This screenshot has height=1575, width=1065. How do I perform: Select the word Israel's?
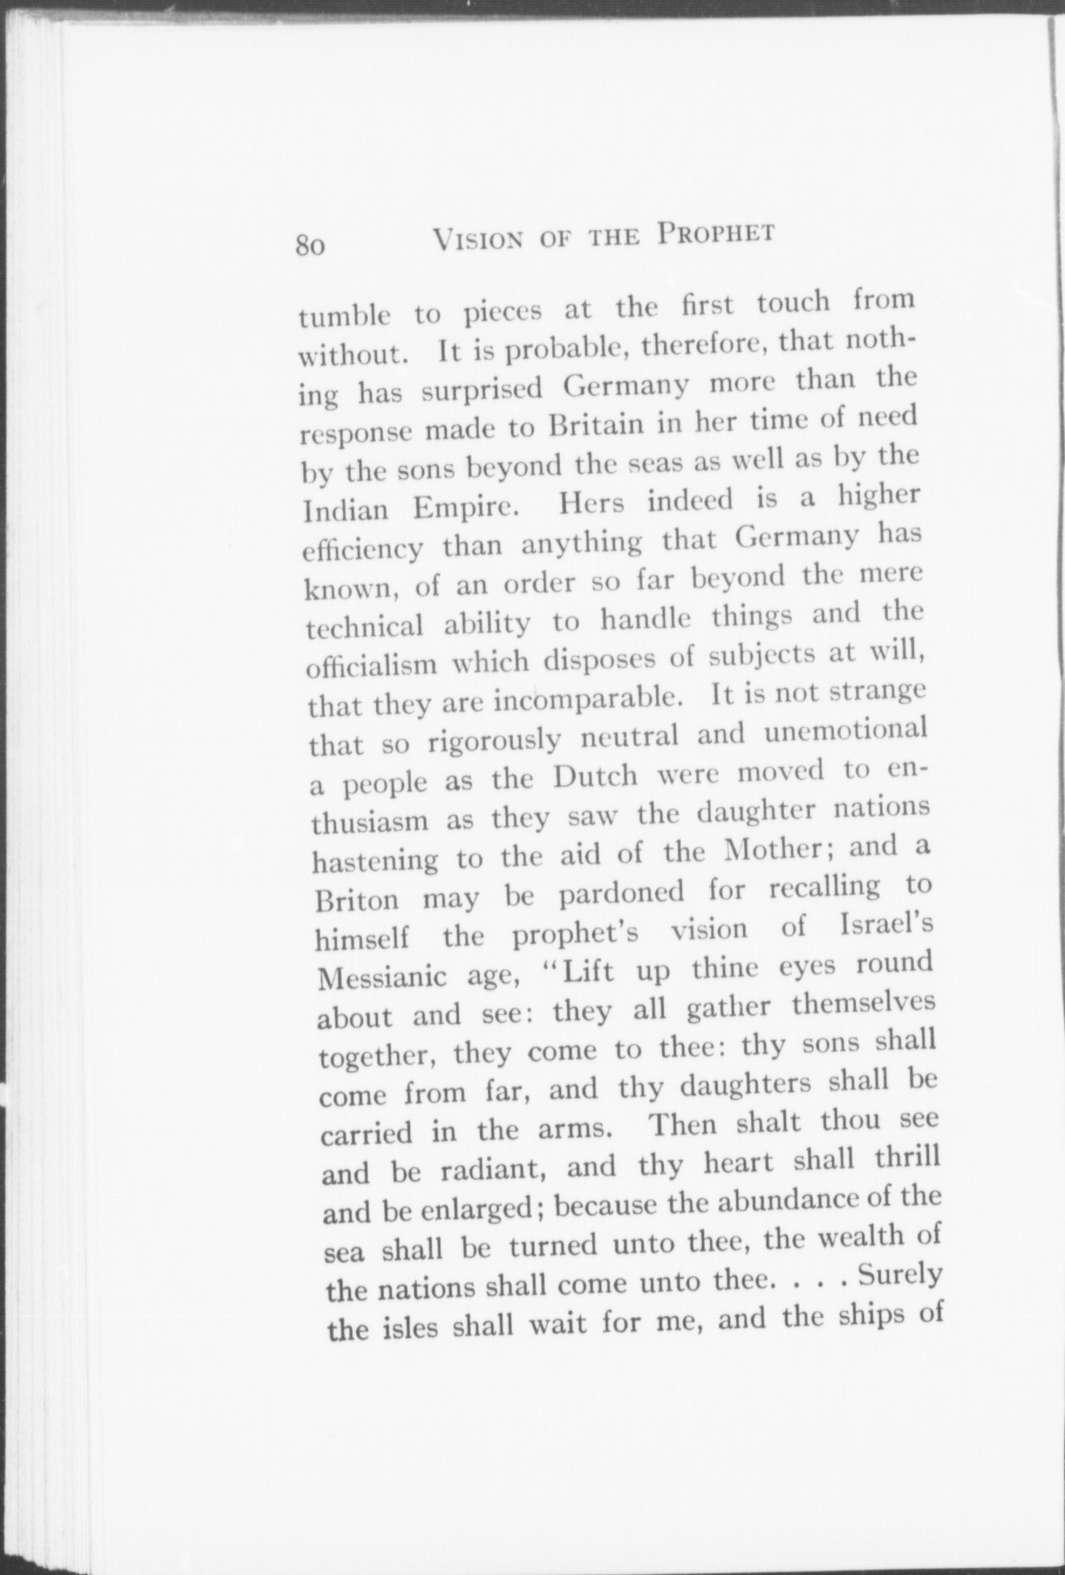click(x=887, y=927)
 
